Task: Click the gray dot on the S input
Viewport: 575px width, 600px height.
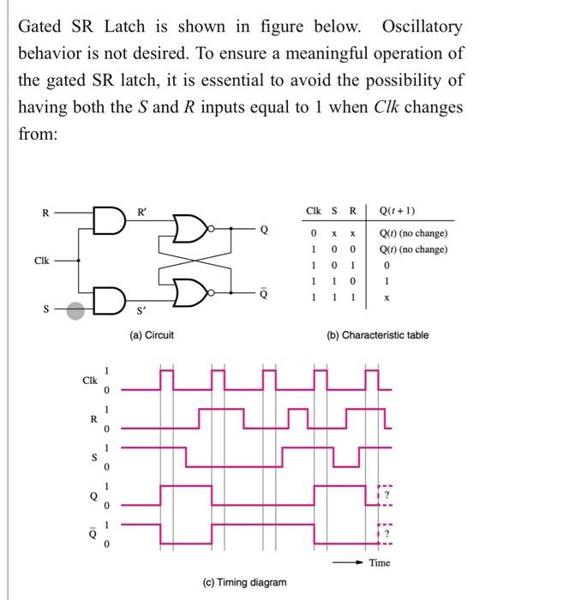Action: pyautogui.click(x=76, y=311)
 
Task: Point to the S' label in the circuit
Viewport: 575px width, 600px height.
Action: pyautogui.click(x=142, y=321)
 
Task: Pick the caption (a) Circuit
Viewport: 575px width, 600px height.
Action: pyautogui.click(x=152, y=335)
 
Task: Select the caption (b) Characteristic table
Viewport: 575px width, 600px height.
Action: pyautogui.click(x=377, y=335)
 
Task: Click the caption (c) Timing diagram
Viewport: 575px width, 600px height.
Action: pyautogui.click(x=245, y=582)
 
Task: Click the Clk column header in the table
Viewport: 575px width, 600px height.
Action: pyautogui.click(x=313, y=211)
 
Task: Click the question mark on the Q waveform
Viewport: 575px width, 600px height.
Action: pyautogui.click(x=386, y=495)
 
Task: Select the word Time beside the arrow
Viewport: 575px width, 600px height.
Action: pyautogui.click(x=380, y=563)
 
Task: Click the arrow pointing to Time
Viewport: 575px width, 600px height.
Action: pyautogui.click(x=351, y=563)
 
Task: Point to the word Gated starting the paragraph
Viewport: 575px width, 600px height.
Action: pyautogui.click(x=40, y=27)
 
